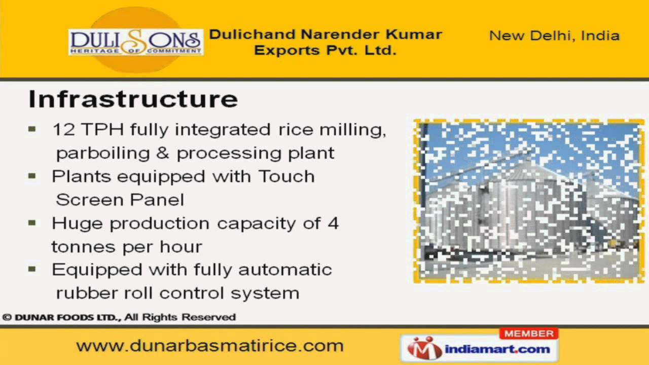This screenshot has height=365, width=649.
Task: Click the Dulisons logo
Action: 135,42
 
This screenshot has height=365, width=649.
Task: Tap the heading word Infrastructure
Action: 133,99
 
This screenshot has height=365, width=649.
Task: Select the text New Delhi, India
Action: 554,36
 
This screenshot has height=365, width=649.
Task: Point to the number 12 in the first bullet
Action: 63,130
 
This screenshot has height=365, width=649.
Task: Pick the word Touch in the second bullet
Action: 286,176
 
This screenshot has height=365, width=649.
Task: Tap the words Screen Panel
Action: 120,200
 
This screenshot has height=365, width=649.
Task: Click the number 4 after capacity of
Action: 333,223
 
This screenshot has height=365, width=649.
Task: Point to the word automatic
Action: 285,270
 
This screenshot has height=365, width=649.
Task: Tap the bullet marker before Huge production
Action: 32,223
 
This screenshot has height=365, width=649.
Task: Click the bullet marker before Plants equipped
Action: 32,176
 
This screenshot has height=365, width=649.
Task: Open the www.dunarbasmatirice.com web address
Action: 210,346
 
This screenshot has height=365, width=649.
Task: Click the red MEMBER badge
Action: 529,334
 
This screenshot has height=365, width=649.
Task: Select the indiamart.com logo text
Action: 497,349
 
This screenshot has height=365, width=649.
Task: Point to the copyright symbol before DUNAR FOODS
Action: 7,317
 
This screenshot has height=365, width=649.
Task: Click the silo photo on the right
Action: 529,201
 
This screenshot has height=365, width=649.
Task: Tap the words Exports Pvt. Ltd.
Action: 325,51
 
